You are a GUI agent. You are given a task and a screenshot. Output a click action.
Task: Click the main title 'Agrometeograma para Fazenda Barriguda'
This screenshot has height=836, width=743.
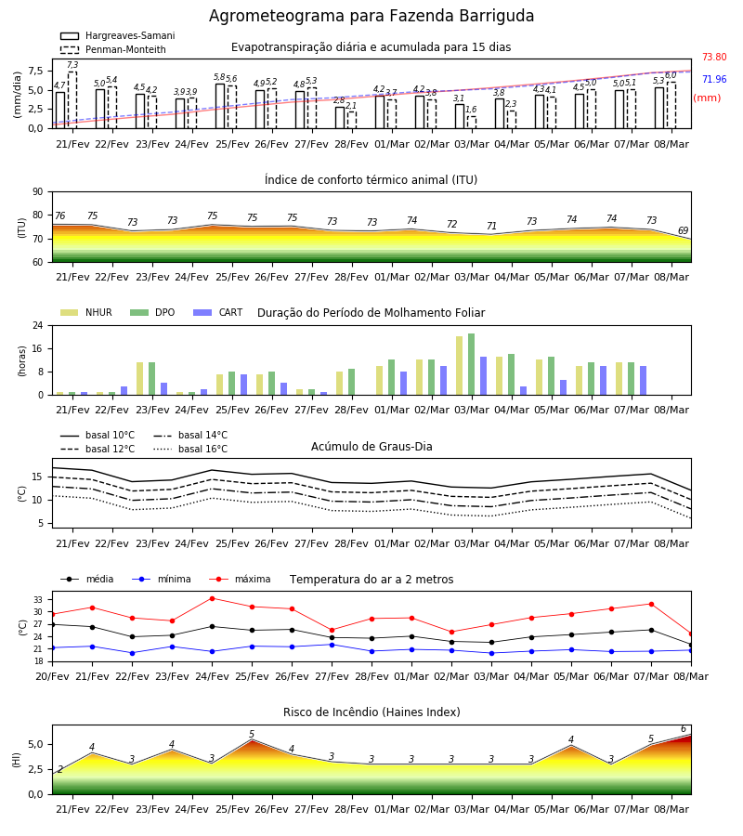tap(371, 16)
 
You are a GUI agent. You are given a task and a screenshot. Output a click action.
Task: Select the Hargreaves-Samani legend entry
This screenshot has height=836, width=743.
tap(117, 35)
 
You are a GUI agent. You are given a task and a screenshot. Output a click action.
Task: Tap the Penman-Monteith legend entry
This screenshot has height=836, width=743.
tap(113, 49)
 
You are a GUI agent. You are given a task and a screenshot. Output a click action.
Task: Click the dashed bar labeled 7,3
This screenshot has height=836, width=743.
tap(72, 100)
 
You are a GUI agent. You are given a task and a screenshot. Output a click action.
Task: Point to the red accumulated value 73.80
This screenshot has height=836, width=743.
tap(714, 57)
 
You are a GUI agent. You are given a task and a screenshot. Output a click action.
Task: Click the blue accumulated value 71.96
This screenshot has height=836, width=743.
tap(714, 80)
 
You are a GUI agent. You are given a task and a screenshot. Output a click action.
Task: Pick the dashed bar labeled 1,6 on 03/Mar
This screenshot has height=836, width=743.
tap(472, 123)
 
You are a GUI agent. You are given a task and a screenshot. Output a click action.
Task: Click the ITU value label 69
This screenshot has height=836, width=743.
tap(683, 231)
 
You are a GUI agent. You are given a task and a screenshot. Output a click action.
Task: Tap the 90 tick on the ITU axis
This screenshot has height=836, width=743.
tap(38, 192)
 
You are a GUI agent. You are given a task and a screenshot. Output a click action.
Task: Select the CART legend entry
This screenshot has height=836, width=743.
tap(218, 312)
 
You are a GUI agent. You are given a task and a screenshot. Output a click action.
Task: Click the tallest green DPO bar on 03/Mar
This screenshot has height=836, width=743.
tap(471, 364)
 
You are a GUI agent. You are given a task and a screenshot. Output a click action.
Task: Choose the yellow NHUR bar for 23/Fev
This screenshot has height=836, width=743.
tap(139, 379)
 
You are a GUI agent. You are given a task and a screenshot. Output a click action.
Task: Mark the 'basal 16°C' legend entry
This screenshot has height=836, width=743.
tap(190, 449)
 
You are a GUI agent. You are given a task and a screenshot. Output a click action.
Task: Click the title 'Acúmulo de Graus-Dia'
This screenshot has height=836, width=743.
tap(371, 446)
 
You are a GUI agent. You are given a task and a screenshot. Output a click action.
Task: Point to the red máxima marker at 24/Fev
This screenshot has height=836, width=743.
tap(212, 599)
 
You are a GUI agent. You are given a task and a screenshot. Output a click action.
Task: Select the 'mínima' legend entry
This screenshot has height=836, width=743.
tap(162, 579)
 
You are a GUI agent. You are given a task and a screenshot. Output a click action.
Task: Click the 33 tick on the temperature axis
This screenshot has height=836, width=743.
tap(38, 600)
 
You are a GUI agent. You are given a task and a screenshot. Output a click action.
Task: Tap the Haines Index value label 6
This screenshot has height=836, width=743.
tap(684, 729)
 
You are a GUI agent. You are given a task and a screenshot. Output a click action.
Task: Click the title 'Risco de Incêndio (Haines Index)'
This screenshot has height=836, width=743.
tap(371, 712)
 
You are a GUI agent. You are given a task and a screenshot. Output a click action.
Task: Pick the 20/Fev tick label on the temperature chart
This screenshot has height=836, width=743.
tap(52, 676)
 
